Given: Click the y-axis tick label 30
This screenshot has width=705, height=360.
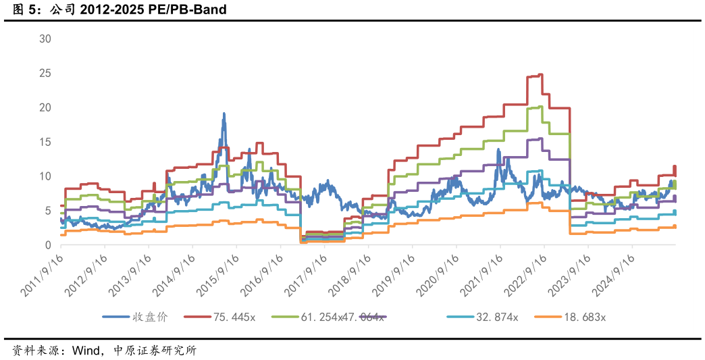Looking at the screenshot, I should click(45, 38).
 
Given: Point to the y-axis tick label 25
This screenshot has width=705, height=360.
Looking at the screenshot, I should click(45, 73).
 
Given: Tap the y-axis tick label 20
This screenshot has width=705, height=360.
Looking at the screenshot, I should click(45, 107).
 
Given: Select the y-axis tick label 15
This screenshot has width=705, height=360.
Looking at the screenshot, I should click(45, 142).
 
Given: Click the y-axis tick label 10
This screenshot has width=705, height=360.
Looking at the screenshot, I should click(45, 176).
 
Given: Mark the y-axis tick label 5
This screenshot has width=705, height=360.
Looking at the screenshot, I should click(48, 211).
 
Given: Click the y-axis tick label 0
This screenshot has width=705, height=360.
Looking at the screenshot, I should click(48, 245).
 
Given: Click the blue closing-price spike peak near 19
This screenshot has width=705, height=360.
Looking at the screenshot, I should click(224, 114).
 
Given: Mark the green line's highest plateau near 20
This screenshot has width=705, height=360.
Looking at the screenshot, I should click(536, 107).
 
